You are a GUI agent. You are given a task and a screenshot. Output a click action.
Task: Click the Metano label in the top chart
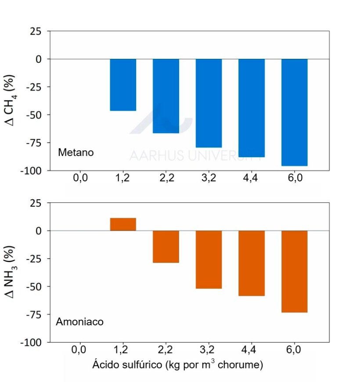76,153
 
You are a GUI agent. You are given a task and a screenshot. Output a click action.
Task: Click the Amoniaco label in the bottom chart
79,322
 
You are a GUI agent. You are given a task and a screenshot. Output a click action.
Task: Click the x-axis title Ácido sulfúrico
177,364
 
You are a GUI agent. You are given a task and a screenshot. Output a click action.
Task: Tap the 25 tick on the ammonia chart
37,203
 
